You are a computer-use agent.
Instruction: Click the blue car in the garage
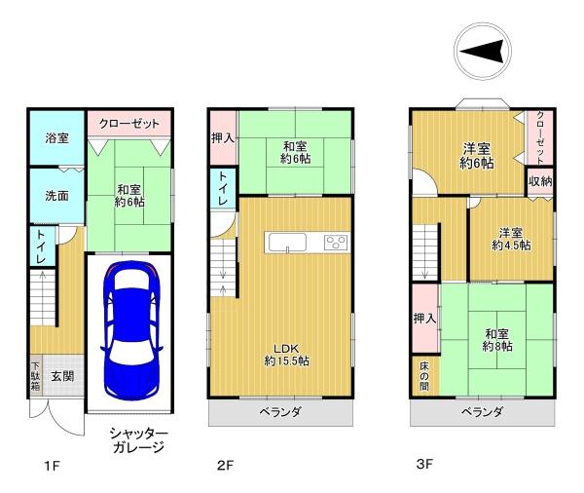(x=131, y=330)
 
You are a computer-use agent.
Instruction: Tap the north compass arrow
(x=483, y=51)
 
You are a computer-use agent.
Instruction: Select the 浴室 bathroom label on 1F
(x=56, y=138)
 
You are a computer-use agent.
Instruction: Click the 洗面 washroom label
(x=56, y=196)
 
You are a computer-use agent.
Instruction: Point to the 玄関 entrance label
(x=62, y=376)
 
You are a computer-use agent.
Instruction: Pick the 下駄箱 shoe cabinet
(x=36, y=376)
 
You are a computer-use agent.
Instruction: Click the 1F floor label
(x=52, y=466)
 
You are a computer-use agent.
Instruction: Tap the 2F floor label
(x=226, y=466)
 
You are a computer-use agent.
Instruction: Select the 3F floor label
(x=424, y=465)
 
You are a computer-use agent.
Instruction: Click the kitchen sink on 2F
(x=287, y=243)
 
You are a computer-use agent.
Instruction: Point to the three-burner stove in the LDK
(x=336, y=243)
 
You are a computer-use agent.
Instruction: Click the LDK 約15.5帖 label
(x=287, y=355)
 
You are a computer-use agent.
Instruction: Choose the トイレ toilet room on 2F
(x=223, y=188)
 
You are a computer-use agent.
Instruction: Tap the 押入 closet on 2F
(x=223, y=138)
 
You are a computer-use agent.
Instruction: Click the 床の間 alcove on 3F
(x=425, y=376)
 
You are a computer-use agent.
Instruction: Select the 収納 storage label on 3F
(x=540, y=181)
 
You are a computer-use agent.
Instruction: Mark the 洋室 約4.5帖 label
(x=511, y=239)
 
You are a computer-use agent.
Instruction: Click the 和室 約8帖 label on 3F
(x=497, y=340)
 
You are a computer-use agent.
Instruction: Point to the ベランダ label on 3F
(x=482, y=412)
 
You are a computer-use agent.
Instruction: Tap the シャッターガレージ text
(x=138, y=440)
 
